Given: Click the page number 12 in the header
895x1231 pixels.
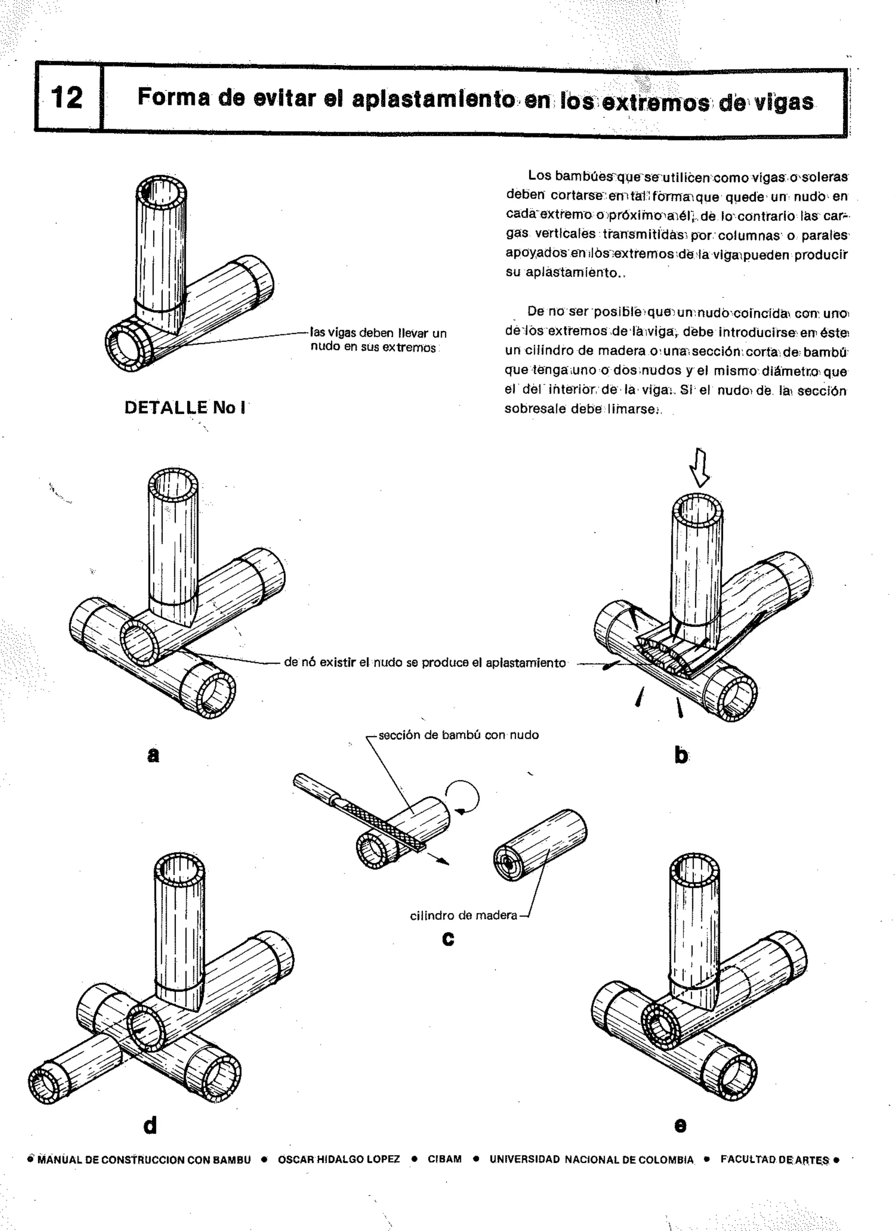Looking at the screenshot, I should point(66,98).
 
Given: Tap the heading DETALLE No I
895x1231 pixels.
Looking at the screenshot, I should point(185,407).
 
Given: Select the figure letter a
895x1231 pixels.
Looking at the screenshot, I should point(153,754).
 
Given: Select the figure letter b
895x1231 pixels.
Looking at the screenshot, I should point(681,755).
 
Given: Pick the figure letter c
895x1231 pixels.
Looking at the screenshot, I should point(448,938).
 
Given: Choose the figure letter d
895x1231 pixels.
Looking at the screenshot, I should point(150,1125).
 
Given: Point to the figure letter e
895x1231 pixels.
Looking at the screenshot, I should point(680,1125).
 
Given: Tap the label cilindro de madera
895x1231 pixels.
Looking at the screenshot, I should point(463,915).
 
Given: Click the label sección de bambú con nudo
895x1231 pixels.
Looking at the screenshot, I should point(458,735).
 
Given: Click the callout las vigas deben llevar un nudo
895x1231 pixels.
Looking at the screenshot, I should point(378,340).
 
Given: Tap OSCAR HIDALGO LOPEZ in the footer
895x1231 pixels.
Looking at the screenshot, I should point(338,1159).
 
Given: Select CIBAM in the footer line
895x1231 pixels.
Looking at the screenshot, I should point(444,1159).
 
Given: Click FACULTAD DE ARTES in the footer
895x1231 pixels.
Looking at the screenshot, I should point(774,1159).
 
